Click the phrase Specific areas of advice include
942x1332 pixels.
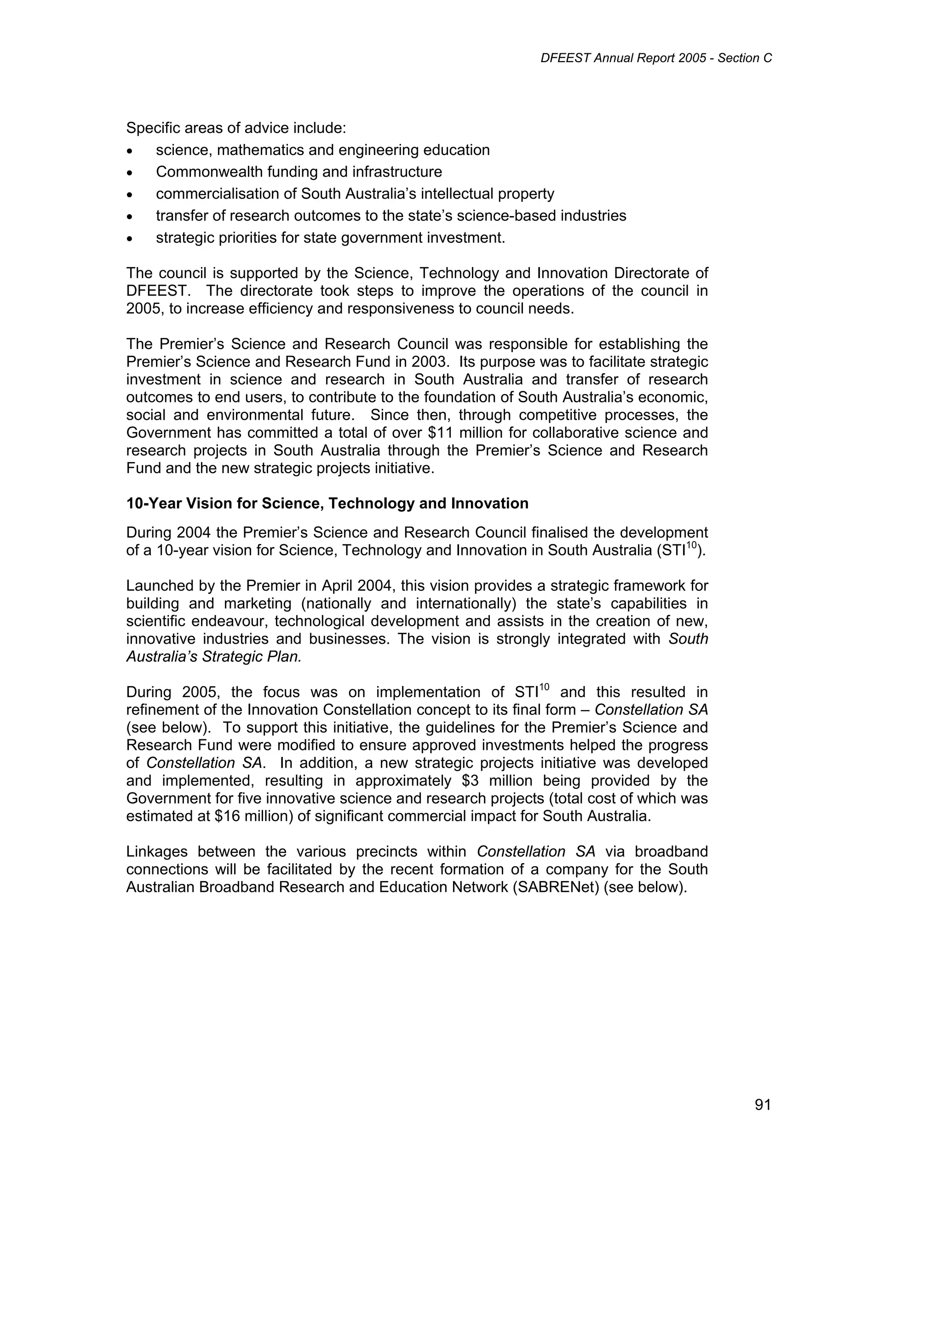pos(235,128)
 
